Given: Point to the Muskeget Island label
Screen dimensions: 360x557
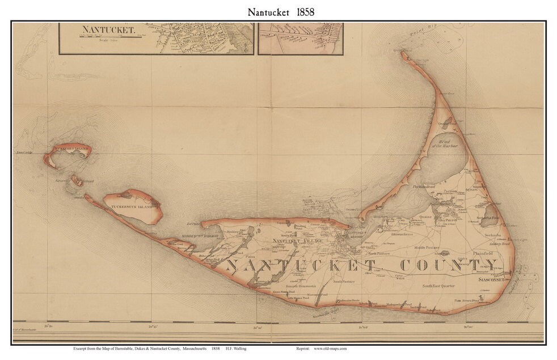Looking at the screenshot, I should [71, 149].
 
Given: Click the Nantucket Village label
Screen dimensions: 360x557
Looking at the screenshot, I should [298, 242].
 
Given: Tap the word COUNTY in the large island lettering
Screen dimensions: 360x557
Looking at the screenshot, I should [448, 265].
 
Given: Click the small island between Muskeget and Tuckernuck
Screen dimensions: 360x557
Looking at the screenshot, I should [76, 180].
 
